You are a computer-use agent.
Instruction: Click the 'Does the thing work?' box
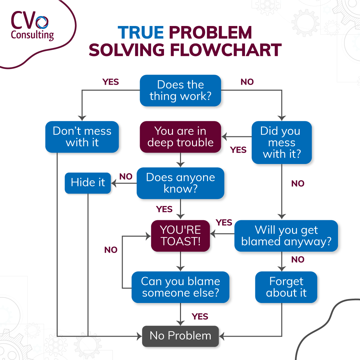180,90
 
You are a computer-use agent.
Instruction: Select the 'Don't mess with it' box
82,137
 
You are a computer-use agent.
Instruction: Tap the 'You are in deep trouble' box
180,137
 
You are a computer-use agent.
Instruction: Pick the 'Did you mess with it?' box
281,142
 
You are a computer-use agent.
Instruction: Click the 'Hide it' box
88,183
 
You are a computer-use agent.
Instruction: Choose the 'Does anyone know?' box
180,183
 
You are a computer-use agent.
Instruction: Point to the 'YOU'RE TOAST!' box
180,235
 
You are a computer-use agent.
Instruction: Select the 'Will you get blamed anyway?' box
286,235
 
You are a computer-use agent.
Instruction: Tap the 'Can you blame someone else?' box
180,287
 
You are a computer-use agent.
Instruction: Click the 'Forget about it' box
286,287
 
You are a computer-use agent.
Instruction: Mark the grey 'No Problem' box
180,336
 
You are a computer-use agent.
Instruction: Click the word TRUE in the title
141,33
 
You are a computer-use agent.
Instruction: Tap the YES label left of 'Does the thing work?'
111,82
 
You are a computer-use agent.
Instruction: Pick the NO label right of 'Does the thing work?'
247,82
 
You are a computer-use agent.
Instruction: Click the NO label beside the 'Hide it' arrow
126,176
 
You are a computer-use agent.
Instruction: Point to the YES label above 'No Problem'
200,316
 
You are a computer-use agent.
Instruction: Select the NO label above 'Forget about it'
298,259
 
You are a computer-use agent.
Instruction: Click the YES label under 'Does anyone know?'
164,209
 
